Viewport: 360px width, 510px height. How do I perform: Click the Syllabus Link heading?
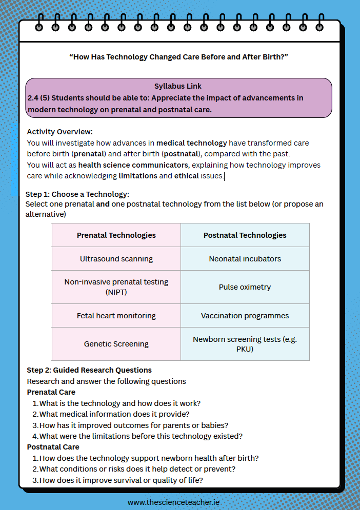pos(178,86)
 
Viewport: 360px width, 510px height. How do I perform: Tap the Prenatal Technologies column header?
pos(116,235)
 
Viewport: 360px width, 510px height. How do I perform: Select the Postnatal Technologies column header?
pos(245,235)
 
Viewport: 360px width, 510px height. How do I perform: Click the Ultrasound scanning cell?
pos(116,259)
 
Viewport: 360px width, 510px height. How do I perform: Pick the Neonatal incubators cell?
pos(245,259)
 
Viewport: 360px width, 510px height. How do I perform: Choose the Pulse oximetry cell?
pos(245,287)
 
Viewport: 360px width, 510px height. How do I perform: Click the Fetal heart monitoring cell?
pos(116,316)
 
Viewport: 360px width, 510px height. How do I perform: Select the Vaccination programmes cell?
pos(245,316)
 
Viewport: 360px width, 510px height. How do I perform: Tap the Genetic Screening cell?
pos(116,344)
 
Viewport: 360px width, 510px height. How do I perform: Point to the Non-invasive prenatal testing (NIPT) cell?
pos(116,287)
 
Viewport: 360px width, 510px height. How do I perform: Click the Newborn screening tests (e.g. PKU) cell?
pos(245,344)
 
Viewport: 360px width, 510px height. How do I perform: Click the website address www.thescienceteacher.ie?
pos(173,502)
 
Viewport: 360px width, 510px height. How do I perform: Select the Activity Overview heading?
pos(59,132)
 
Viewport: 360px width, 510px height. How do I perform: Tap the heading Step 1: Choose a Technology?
pos(77,194)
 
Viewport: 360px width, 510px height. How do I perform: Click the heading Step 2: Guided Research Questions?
pos(89,370)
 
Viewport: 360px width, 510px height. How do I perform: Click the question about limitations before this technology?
pos(141,436)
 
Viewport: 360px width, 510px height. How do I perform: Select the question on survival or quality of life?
pos(121,480)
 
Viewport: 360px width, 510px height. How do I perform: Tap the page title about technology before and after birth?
pos(178,57)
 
